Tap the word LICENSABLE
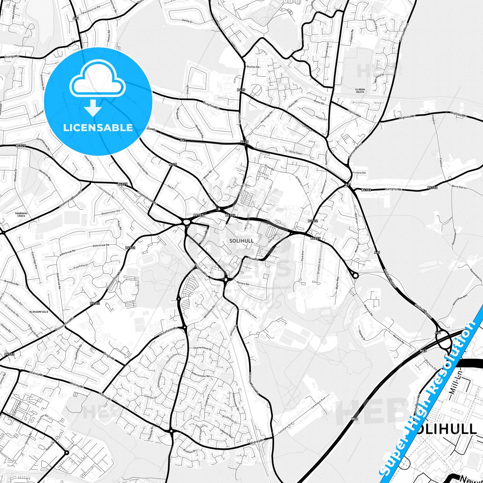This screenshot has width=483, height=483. pos(98,127)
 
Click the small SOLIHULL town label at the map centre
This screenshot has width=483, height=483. pos(241,241)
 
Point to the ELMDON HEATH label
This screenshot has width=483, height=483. pos(360,91)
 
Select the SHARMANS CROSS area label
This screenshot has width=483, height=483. pos(21,215)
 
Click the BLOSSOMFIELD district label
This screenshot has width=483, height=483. pos(39,312)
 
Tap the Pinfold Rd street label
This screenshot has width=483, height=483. pos(360,173)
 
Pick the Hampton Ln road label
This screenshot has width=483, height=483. pos(394,189)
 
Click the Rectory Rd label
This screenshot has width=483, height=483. pos(243,283)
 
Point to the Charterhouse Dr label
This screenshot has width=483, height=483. pos(202,348)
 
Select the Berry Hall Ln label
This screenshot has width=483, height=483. pos(459,187)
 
